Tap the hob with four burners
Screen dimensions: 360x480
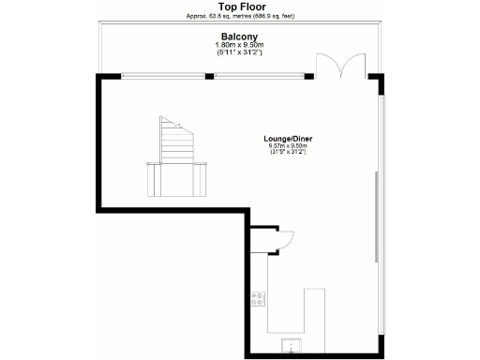[x=258, y=299]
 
